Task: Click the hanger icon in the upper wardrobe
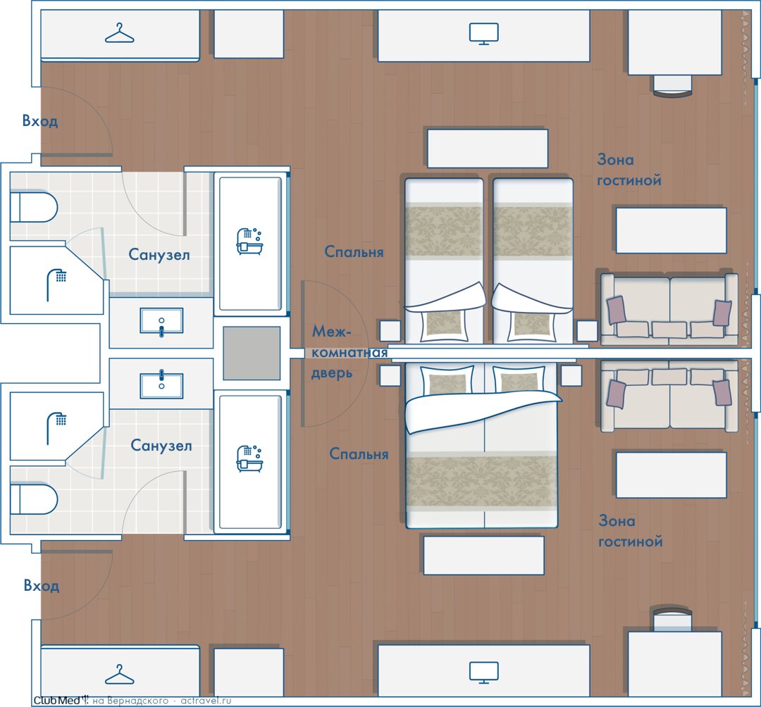click(x=119, y=35)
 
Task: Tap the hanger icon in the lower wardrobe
click(x=119, y=675)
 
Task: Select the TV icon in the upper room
click(x=484, y=34)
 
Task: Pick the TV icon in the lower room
click(x=484, y=672)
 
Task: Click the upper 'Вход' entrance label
click(x=40, y=120)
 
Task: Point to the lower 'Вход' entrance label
click(x=42, y=586)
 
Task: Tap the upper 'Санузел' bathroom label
click(x=159, y=255)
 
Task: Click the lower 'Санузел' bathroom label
click(x=161, y=445)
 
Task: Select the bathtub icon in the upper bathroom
click(x=249, y=241)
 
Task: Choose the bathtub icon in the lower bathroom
click(x=249, y=458)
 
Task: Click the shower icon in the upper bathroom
click(x=56, y=284)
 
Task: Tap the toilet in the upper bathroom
click(x=34, y=207)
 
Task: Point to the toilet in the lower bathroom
click(x=34, y=499)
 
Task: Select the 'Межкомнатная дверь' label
click(x=349, y=352)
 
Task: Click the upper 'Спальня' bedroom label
click(x=354, y=251)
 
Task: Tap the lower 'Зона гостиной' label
click(x=631, y=531)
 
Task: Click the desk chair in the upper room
click(x=672, y=85)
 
